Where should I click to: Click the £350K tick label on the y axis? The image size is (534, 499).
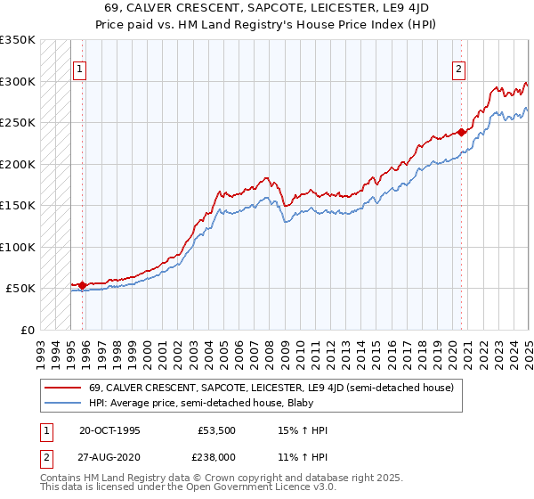[18, 40]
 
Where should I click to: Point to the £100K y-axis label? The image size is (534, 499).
[18, 247]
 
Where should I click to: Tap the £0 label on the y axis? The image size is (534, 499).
[27, 330]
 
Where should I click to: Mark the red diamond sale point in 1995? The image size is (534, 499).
[83, 286]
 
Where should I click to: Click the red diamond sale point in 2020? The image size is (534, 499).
[462, 133]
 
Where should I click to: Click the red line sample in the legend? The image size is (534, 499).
[61, 388]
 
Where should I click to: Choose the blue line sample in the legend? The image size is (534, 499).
[61, 404]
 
